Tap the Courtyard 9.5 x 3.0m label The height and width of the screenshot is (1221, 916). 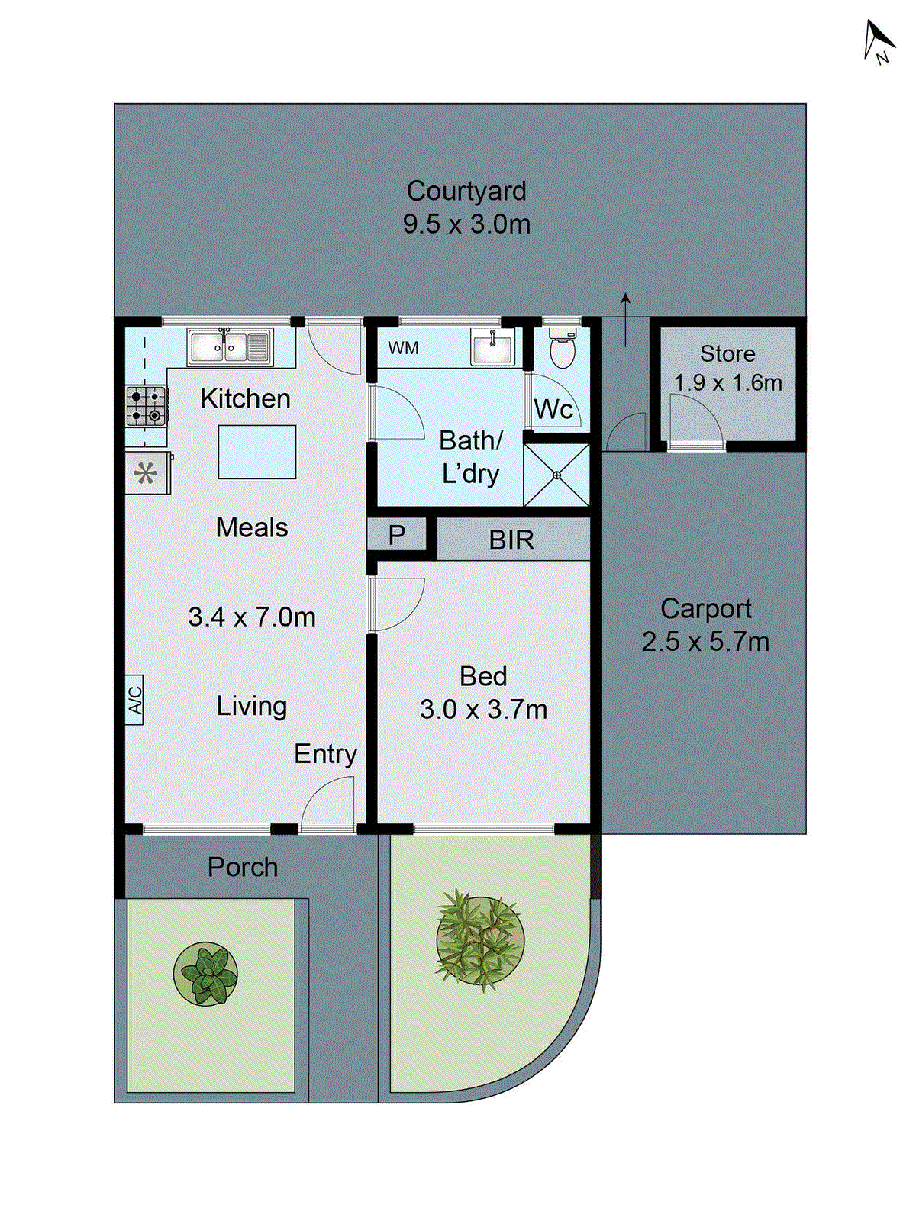tap(466, 208)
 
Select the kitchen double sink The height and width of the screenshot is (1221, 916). tap(229, 347)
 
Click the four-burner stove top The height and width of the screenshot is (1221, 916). tap(146, 406)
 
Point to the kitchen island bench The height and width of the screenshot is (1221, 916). tap(257, 452)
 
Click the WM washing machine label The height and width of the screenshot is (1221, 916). tap(403, 348)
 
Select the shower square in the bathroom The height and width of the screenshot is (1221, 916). tap(556, 475)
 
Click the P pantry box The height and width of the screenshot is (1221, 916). tap(396, 535)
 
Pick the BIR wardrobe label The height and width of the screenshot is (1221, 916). tap(511, 540)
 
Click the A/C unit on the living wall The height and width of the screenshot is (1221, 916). tap(134, 699)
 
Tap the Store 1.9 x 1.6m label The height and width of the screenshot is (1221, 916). tap(727, 368)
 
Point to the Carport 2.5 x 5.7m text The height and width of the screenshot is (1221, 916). tap(705, 625)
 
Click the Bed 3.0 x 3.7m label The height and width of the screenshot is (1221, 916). tap(483, 693)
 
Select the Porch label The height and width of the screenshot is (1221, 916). tap(243, 867)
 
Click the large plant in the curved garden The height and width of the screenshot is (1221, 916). tap(480, 939)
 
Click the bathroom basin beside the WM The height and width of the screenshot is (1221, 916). tap(492, 347)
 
